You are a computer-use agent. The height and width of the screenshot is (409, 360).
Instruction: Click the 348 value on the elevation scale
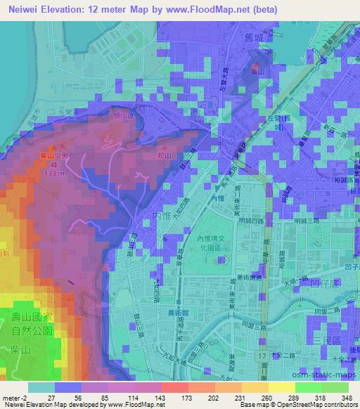point(347,398)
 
